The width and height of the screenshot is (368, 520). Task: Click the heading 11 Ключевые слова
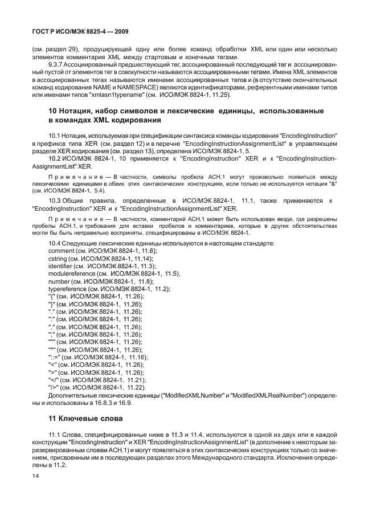pos(85,419)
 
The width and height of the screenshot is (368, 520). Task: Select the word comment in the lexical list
pos(62,251)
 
